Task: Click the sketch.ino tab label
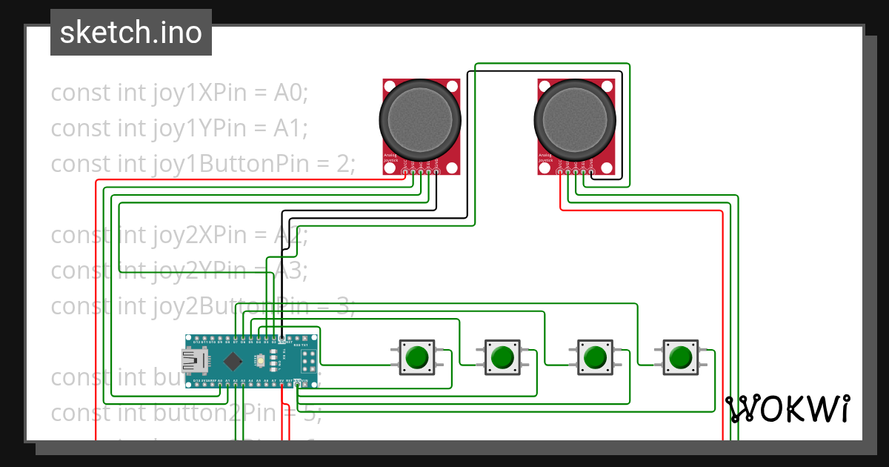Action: [130, 33]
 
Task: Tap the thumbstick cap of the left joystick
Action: [420, 119]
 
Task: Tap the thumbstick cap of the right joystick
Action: [575, 119]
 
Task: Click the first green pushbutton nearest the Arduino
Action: [416, 357]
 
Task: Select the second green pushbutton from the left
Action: [503, 357]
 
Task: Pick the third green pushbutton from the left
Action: [594, 357]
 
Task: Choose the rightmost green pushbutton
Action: [680, 357]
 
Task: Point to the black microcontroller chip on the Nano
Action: [233, 362]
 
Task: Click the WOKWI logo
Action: [787, 408]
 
